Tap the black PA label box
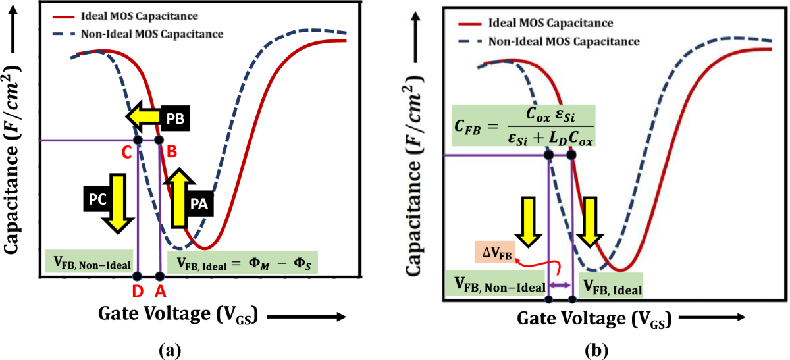coord(200,204)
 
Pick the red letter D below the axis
coord(136,290)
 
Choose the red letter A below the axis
coord(160,290)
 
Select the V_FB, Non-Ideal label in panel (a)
coord(90,259)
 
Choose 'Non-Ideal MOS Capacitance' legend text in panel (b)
coord(564,41)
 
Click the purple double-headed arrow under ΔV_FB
coord(560,284)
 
